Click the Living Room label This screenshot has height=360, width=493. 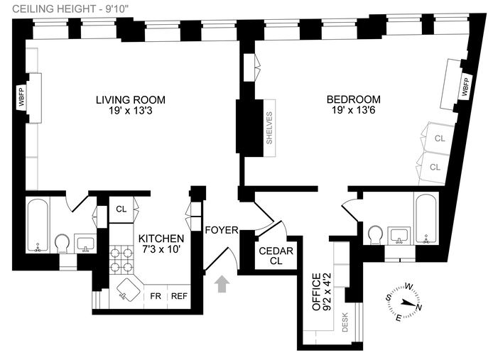130,99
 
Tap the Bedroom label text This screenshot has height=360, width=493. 353,99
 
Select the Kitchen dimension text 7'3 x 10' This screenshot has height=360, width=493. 161,250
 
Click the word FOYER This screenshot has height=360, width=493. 221,229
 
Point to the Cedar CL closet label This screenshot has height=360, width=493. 271,256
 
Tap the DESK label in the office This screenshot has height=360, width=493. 345,323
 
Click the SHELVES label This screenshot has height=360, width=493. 269,129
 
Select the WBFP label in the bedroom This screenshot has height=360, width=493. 466,87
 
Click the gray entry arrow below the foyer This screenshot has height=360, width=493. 222,283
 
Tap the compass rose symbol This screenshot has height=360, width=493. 403,299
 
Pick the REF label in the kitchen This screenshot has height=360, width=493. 178,295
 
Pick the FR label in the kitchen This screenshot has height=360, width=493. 154,295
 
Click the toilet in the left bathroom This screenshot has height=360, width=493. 62,244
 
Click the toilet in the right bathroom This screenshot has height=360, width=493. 376,234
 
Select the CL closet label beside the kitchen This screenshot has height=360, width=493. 121,209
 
